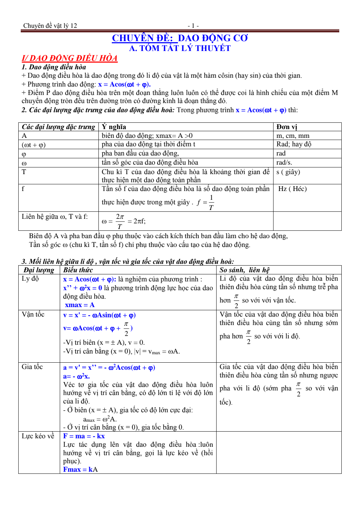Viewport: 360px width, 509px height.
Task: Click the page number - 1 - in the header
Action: (x=193, y=26)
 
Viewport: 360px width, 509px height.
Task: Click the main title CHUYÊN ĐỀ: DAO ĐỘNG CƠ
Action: (x=180, y=38)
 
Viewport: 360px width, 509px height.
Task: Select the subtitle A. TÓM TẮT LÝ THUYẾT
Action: (x=180, y=48)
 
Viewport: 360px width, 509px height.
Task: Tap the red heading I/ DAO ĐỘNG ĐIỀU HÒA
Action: (x=70, y=58)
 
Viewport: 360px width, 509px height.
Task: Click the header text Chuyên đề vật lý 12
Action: (x=50, y=26)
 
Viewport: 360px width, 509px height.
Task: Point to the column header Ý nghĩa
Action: (x=114, y=127)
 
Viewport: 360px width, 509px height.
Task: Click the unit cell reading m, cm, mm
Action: (x=293, y=136)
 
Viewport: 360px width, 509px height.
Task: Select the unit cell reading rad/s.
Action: (x=284, y=163)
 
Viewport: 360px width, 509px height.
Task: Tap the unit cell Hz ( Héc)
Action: (x=292, y=189)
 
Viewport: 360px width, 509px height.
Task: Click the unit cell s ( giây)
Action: (x=288, y=172)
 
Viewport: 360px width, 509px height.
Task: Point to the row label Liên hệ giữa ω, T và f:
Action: (x=55, y=217)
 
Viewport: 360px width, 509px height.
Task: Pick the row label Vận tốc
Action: (x=33, y=314)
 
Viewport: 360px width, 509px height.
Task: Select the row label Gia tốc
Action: (x=32, y=367)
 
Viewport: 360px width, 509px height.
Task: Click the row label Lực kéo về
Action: (x=38, y=436)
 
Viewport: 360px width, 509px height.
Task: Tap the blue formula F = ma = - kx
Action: (x=84, y=436)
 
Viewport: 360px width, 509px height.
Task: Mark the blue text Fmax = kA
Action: (x=81, y=470)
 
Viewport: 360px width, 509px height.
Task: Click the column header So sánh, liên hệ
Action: (x=244, y=270)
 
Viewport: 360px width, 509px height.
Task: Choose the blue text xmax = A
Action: (x=80, y=305)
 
